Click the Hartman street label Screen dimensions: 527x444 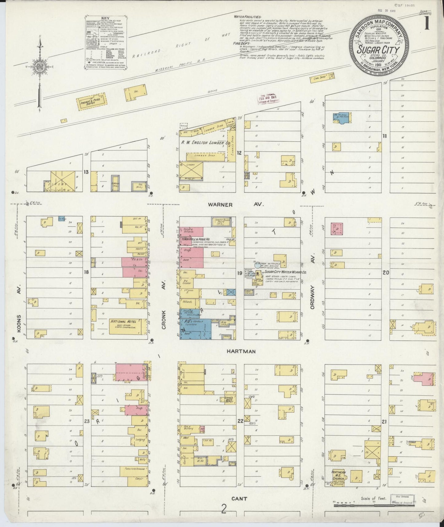pos(242,351)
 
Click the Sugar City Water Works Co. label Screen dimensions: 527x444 pos(285,272)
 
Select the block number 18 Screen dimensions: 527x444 pos(87,272)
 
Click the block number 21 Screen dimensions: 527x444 pos(384,422)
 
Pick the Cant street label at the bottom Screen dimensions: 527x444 pos(239,499)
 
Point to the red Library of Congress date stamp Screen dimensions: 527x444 pos(268,99)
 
